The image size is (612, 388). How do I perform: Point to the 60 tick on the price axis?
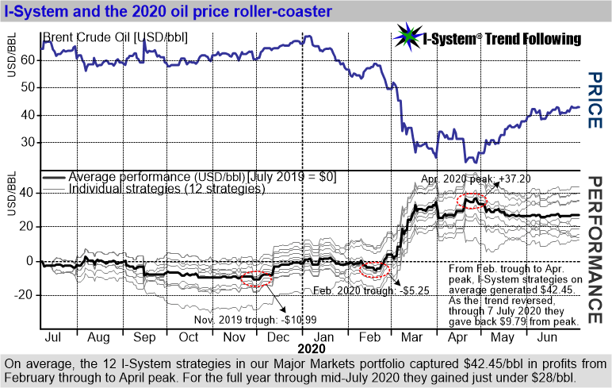(x=29, y=60)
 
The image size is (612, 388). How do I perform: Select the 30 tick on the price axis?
(x=29, y=142)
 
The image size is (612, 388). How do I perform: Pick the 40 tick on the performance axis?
(x=29, y=192)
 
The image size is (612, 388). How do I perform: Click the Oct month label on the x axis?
(x=189, y=336)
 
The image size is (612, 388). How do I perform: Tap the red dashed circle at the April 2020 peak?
(x=473, y=199)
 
